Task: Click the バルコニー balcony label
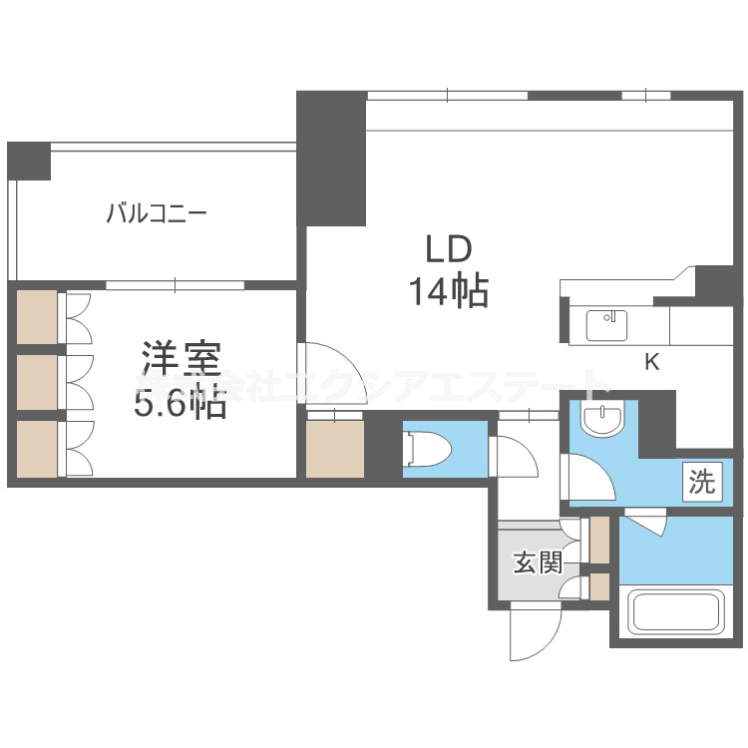158,214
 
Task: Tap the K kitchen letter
651,363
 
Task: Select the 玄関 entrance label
539,563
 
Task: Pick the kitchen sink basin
606,324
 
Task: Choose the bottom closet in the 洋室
38,447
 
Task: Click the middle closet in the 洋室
38,381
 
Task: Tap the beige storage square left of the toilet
335,449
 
